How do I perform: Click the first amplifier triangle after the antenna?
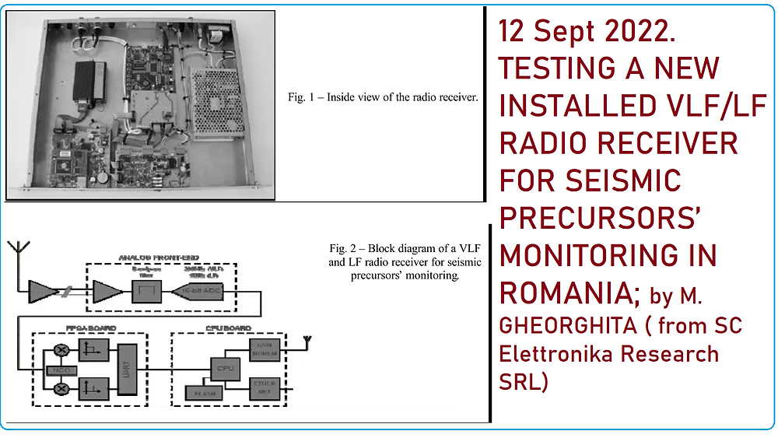[x=42, y=292]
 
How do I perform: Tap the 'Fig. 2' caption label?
[x=343, y=248]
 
